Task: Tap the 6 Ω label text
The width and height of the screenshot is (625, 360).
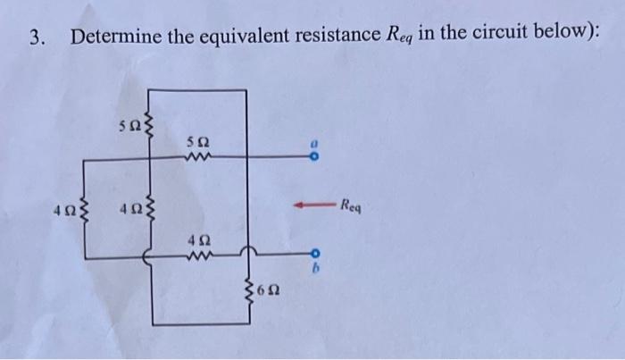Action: [x=265, y=290]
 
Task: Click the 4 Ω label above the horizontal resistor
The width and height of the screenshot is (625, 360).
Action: [x=197, y=239]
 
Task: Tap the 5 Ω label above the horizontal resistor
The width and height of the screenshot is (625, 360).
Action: [x=197, y=142]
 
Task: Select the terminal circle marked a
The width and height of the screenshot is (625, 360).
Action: [x=313, y=159]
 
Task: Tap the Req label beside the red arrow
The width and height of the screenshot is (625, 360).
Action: [x=350, y=206]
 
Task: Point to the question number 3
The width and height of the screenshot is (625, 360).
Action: [x=35, y=37]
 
